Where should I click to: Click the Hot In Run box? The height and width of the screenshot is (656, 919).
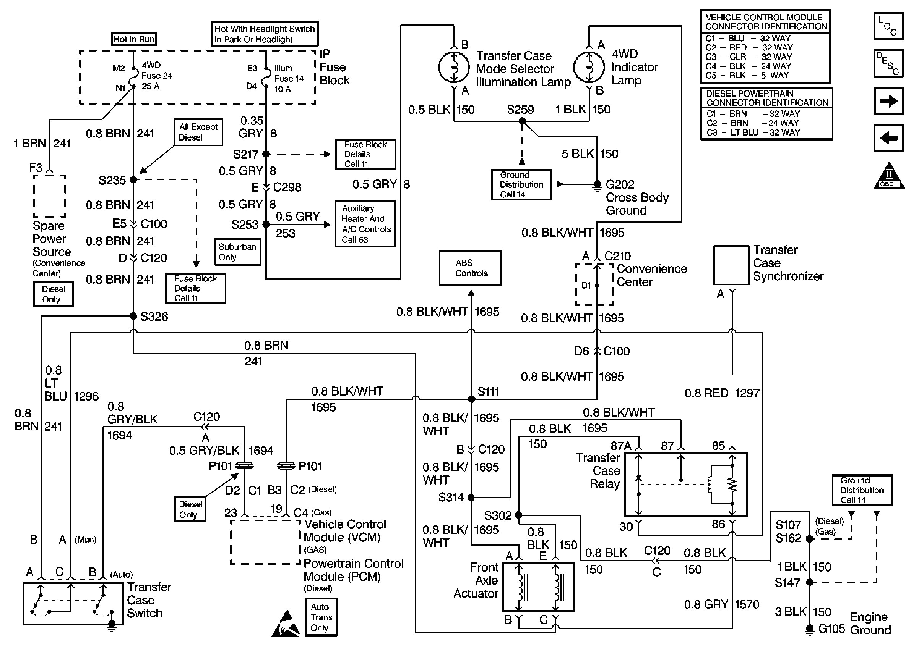(134, 39)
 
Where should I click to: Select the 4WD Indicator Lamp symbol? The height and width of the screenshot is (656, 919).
(589, 67)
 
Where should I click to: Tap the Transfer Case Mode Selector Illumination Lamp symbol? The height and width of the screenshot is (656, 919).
(454, 67)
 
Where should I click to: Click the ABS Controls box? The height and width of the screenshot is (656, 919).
(470, 268)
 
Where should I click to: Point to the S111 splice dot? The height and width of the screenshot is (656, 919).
(471, 399)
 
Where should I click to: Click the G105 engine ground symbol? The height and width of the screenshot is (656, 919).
(809, 629)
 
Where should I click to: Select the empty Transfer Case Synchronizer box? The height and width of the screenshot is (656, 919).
(731, 265)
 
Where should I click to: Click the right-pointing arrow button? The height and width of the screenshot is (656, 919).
(888, 101)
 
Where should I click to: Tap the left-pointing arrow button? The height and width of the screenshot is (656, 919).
(888, 138)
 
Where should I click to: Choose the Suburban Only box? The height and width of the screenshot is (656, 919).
(237, 252)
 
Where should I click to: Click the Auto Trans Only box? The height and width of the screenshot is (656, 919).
(321, 617)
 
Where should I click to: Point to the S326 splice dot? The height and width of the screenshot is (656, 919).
(133, 316)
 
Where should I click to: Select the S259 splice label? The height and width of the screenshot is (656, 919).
(520, 110)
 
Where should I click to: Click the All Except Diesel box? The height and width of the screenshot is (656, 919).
(198, 132)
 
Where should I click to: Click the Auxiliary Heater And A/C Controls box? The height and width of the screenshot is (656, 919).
(365, 224)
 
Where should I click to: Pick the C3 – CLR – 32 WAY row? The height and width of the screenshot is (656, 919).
(749, 57)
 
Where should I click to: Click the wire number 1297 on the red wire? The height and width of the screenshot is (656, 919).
(747, 393)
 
